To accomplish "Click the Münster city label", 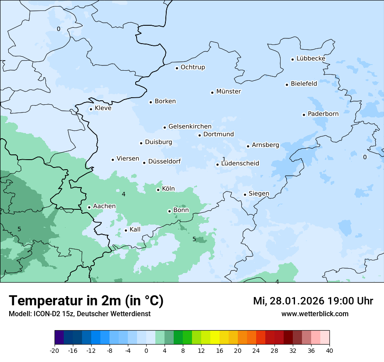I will (229, 92).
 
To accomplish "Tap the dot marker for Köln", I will (158, 190).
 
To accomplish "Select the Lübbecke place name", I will (311, 58).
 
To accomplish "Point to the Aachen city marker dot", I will (89, 207).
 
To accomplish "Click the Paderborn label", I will (323, 114).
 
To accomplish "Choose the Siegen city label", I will (259, 194).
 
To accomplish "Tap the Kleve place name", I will (103, 108).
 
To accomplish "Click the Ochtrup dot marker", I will (177, 68).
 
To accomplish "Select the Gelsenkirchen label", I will (190, 126).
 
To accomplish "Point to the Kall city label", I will (135, 229).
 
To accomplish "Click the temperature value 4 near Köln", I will (123, 194).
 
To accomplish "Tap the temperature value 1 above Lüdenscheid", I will (224, 159).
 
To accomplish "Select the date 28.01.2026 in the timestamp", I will (295, 301).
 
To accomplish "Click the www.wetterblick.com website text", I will (315, 314).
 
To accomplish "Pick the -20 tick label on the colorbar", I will (55, 350).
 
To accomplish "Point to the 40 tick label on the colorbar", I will (329, 350).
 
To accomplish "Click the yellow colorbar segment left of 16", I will (215, 338).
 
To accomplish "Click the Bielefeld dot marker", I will (287, 85).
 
